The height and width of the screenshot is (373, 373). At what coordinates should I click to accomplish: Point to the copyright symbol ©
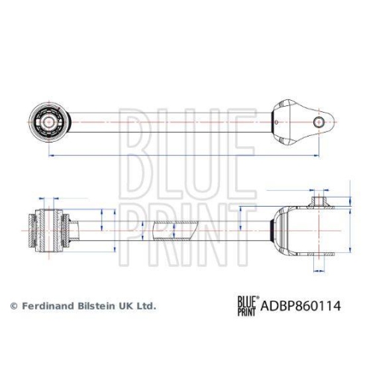coord(13,306)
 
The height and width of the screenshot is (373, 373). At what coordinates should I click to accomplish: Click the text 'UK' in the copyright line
coord(128,306)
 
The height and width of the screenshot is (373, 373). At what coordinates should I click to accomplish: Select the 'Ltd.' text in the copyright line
coord(147,306)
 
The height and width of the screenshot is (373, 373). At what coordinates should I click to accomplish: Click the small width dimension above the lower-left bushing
coord(49,199)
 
